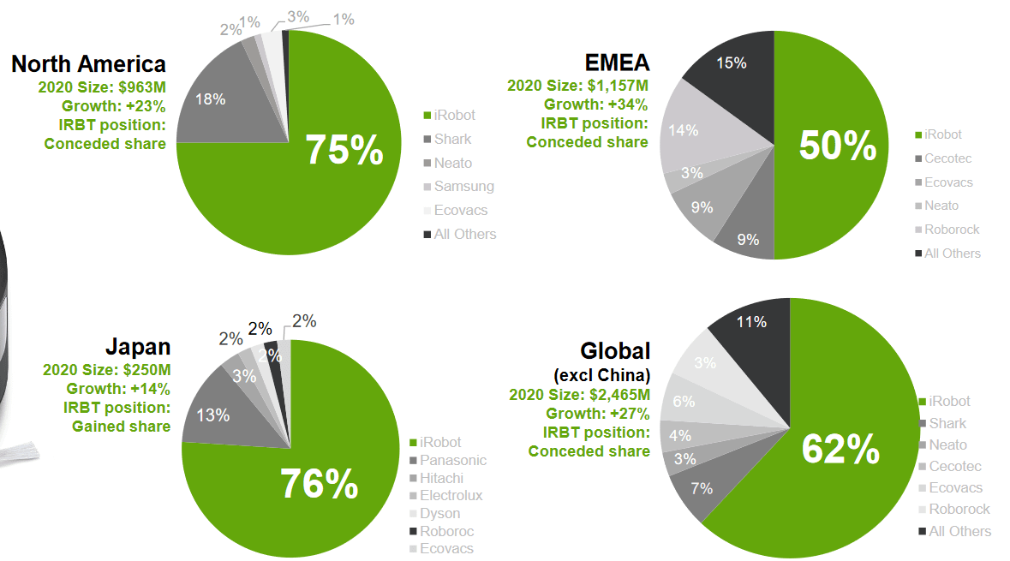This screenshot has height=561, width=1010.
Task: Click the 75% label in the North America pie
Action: coord(344,150)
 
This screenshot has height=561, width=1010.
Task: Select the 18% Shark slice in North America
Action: coord(211,99)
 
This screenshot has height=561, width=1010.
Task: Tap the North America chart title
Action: coord(88,63)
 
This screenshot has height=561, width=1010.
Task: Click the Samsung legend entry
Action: coord(463,186)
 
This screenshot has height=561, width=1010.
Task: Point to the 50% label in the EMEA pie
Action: coord(837,146)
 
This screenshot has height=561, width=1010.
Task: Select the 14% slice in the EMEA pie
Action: coord(684,130)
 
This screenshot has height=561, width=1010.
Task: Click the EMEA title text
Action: coord(617,63)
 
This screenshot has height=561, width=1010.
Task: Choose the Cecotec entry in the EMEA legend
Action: coord(947,158)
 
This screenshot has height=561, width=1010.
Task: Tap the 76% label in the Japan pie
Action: coord(319,485)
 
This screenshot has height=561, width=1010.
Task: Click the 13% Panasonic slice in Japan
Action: coord(212,415)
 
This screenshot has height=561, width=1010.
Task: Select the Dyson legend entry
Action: coord(439,513)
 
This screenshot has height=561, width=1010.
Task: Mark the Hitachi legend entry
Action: coord(441,478)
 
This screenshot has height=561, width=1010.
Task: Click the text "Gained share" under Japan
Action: coord(121,426)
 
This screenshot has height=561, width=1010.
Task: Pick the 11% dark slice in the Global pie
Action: coord(750,323)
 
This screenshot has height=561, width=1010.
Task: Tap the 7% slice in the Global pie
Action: coord(702,488)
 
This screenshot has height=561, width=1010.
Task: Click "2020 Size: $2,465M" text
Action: coord(579,395)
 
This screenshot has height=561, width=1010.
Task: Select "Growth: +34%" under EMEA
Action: coord(595,104)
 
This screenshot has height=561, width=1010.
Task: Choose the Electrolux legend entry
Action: coord(451,495)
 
